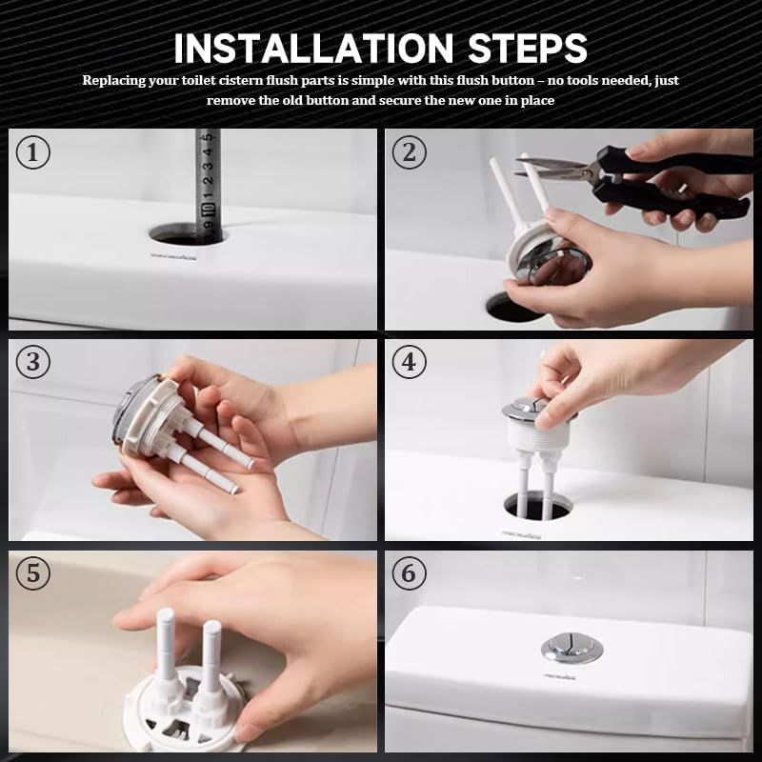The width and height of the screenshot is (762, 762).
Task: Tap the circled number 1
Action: tap(33, 152)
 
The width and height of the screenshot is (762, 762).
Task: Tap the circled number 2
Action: tap(409, 152)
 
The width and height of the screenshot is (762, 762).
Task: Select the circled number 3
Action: tap(33, 363)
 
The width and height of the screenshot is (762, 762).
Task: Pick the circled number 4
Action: tap(409, 363)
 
